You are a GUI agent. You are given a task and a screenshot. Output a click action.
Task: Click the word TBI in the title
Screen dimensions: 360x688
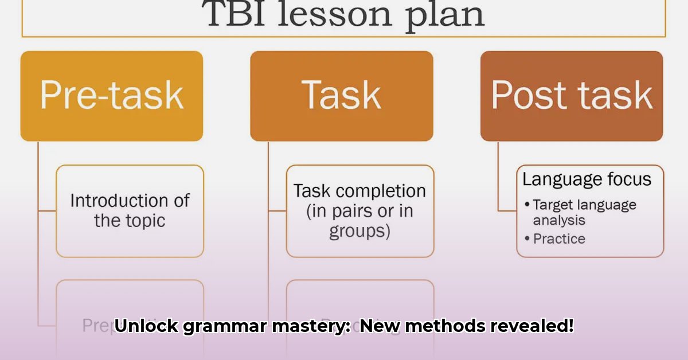point(234,14)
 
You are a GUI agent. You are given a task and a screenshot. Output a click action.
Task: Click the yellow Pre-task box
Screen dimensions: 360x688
point(112,96)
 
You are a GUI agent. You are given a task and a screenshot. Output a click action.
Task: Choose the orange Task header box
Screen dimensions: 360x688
point(342,96)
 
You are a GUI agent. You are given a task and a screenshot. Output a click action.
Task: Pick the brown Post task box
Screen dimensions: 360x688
point(572,96)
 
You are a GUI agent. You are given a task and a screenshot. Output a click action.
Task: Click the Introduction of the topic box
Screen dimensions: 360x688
point(130,210)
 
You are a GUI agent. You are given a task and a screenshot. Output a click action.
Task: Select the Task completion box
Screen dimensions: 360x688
point(359,210)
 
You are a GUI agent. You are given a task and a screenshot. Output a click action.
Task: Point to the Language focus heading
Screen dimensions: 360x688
point(587,179)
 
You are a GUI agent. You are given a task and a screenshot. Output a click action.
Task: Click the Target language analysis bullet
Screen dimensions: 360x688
point(584,212)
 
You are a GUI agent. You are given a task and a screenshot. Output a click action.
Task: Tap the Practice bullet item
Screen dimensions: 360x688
point(559,238)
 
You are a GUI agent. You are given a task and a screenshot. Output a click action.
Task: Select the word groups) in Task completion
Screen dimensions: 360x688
point(359,231)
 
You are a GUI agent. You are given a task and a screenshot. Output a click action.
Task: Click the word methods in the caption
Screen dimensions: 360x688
point(446,326)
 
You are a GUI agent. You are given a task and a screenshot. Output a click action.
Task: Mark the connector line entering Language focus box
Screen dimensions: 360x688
point(507,210)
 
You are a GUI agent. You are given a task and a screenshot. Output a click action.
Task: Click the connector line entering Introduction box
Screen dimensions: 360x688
point(47,210)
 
